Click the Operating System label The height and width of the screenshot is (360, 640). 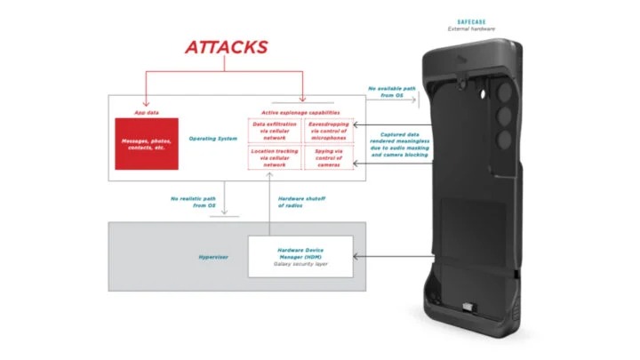(212, 139)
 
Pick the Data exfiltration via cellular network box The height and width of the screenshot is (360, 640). (274, 131)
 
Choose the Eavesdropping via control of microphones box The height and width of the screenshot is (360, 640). (327, 131)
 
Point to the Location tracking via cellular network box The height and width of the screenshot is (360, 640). (274, 158)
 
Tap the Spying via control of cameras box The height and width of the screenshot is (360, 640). (327, 158)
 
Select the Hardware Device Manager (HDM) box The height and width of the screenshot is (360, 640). (300, 257)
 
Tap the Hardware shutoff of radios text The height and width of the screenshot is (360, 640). (302, 202)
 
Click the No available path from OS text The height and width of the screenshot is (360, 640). (391, 92)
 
